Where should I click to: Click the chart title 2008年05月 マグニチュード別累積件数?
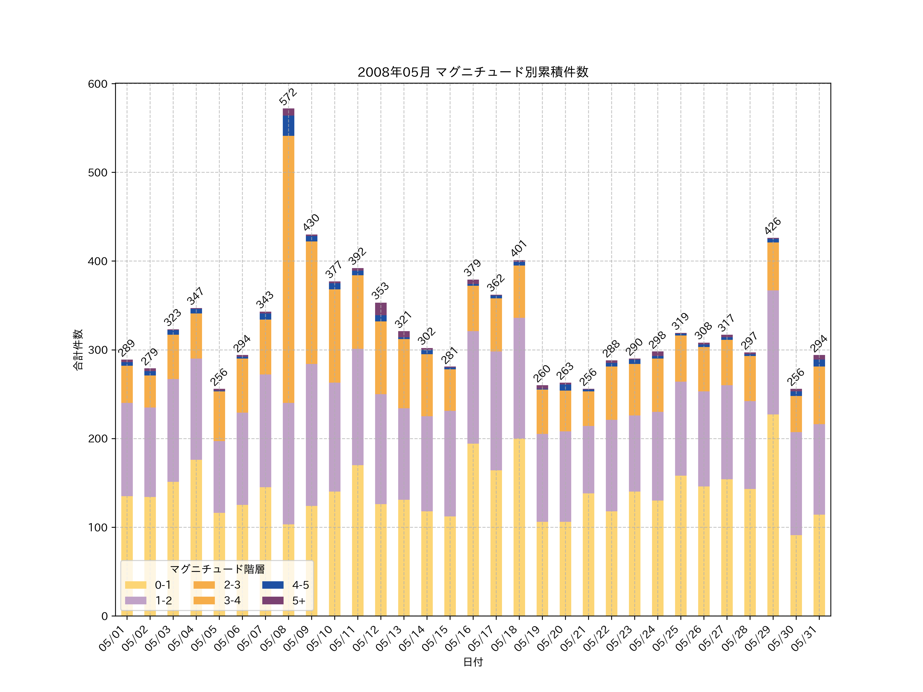(x=473, y=72)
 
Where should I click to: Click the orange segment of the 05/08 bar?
(x=288, y=269)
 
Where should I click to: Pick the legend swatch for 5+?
(x=273, y=601)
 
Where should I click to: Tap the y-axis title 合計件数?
(x=78, y=350)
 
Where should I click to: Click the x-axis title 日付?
(x=473, y=662)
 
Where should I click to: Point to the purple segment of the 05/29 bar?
(x=773, y=352)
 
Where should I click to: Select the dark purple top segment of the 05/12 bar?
(x=380, y=309)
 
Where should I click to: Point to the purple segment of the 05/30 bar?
(x=796, y=484)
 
